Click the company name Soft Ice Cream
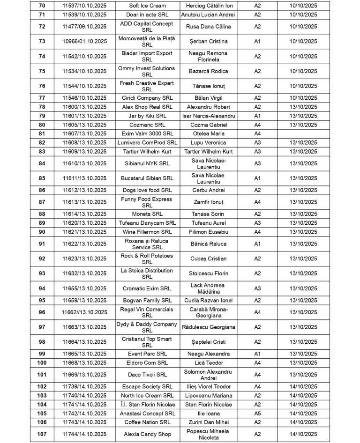pos(147,6)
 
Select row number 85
pos(42,178)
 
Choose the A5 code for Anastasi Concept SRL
pos(257,413)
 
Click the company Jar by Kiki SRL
pos(147,116)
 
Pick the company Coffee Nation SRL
pos(147,422)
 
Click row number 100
pos(42,363)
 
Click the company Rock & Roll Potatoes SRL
pos(147,258)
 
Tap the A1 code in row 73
pos(257,41)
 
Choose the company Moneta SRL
pos(147,214)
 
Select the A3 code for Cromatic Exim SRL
pos(257,288)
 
